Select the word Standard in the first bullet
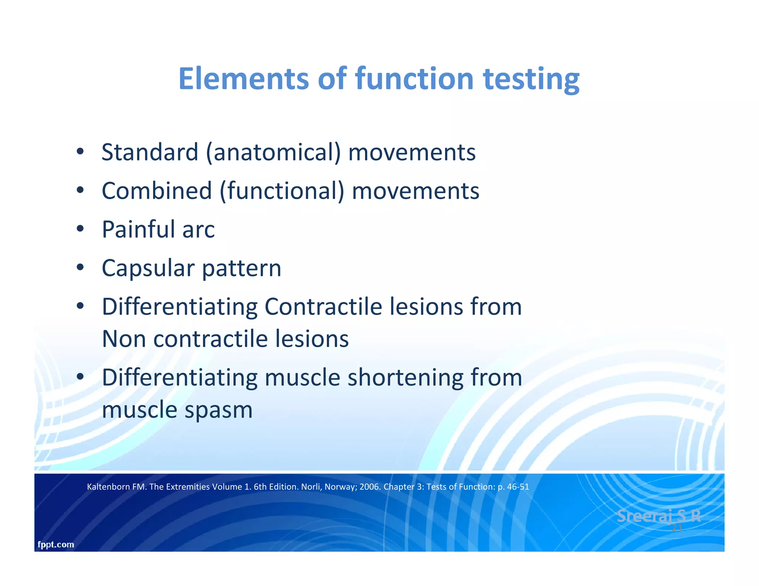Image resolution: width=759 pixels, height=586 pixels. (x=150, y=152)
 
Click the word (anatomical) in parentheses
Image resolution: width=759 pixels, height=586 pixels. (x=273, y=153)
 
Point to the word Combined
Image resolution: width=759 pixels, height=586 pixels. (x=157, y=191)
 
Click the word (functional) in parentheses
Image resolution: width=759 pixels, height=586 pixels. (x=282, y=191)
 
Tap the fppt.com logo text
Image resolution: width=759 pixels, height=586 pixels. (x=56, y=545)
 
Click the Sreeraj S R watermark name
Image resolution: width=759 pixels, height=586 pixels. (x=659, y=516)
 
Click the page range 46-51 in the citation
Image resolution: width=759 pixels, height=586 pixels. (x=518, y=487)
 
